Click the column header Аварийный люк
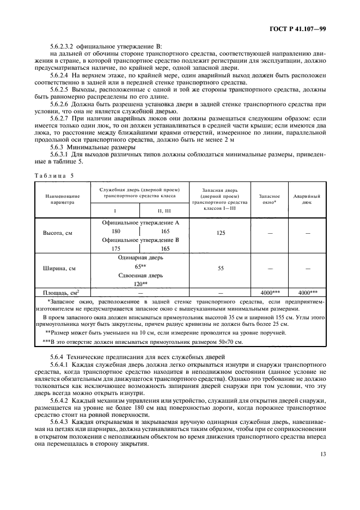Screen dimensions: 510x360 pos(307,198)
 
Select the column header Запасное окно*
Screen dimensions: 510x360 pos(270,198)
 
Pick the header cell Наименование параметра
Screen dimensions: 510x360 pos(62,198)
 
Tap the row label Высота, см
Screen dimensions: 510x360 pos(58,232)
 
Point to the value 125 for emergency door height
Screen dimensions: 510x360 pos(220,232)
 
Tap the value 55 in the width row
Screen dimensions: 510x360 pos(220,268)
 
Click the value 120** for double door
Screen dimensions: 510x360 pos(141,283)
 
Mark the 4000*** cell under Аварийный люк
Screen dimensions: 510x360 pos(307,292)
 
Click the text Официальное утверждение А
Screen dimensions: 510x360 pos(141,223)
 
